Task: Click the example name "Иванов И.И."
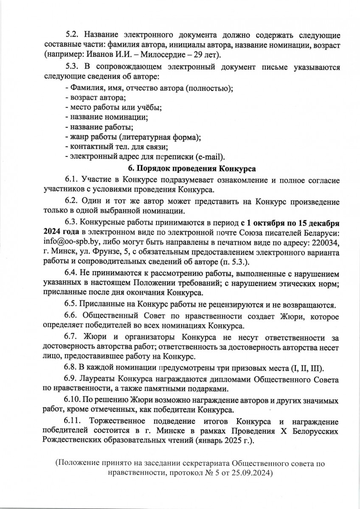tap(100, 54)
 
